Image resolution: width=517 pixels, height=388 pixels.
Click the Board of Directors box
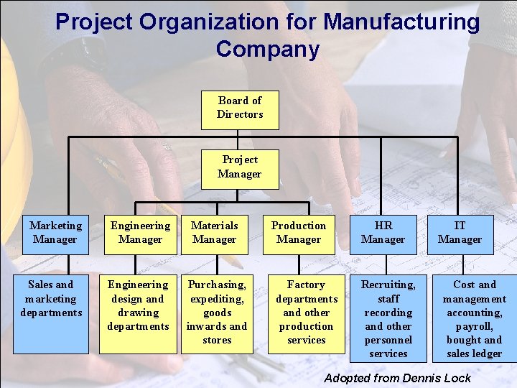(240, 108)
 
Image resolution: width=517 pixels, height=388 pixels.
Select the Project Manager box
(240, 167)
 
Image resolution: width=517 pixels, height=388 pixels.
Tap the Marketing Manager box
(55, 233)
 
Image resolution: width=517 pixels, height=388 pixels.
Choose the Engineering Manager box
(140, 233)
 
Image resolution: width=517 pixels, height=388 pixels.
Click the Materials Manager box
(215, 233)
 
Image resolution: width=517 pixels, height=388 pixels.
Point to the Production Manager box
(299, 233)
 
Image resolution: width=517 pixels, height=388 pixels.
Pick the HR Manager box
(383, 233)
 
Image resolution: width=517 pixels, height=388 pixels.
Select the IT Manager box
(460, 233)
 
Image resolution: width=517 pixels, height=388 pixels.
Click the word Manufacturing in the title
(401, 22)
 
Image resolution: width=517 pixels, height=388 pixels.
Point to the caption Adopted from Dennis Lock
(398, 378)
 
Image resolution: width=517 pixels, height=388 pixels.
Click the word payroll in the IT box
(473, 326)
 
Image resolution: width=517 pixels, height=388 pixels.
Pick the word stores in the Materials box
(217, 340)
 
